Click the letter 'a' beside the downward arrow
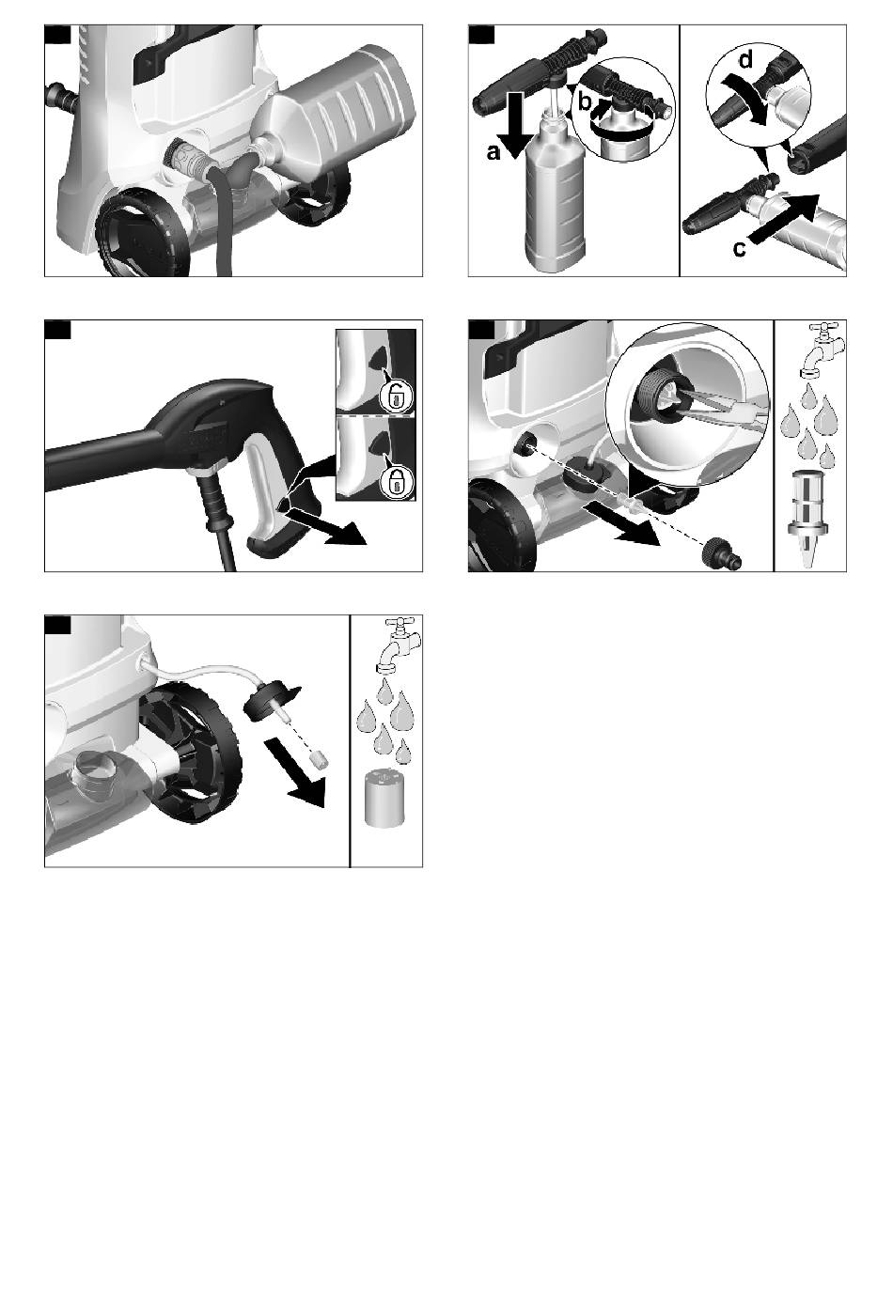[493, 152]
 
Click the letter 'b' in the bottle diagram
[584, 102]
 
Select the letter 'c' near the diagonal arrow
[739, 248]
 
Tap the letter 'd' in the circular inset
[745, 59]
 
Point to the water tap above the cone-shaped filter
[821, 348]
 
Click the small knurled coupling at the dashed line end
[720, 556]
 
